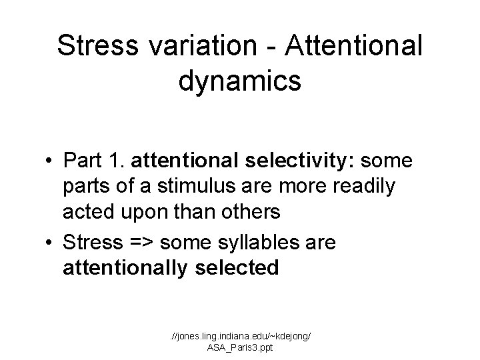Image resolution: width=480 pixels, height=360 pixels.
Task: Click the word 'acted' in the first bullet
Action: [87, 214]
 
